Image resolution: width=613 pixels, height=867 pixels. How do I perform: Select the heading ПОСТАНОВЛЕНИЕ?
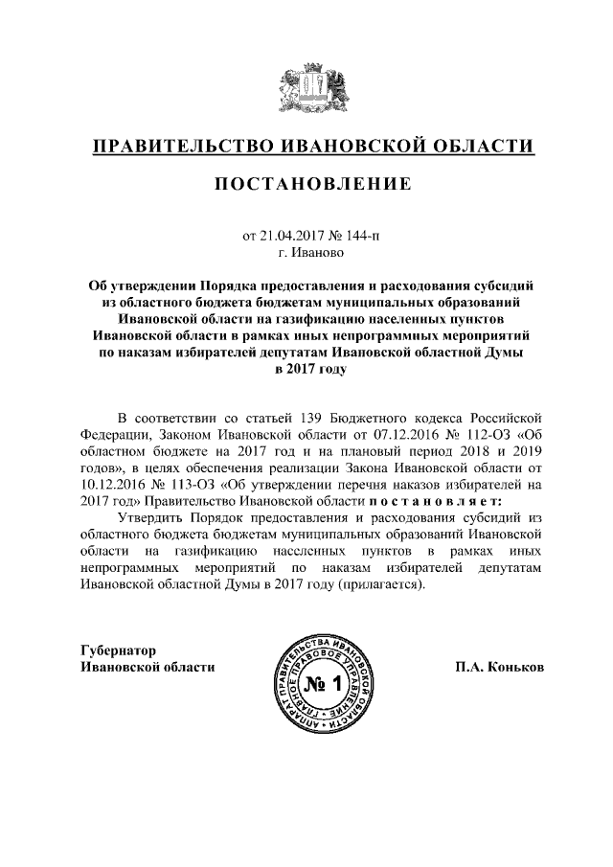tap(306, 183)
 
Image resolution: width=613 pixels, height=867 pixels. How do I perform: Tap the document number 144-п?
tap(348, 235)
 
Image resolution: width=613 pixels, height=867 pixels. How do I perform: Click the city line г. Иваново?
tap(306, 253)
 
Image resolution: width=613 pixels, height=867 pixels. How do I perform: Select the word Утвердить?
tap(147, 517)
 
